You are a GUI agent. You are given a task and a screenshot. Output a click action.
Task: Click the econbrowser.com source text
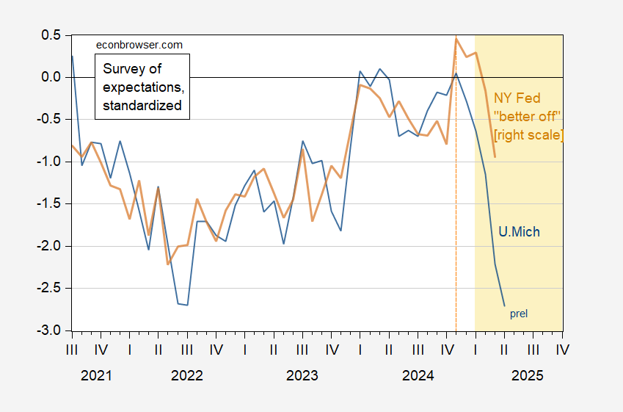pyautogui.click(x=139, y=45)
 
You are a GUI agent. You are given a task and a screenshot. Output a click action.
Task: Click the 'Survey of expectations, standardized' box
pyautogui.click(x=142, y=87)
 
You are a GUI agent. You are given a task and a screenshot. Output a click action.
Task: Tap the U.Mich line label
pyautogui.click(x=519, y=232)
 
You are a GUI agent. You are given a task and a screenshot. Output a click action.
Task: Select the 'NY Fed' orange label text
pyautogui.click(x=517, y=98)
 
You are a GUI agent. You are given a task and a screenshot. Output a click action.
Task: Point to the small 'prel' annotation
pyautogui.click(x=519, y=314)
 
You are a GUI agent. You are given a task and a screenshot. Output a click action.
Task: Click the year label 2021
pyautogui.click(x=96, y=375)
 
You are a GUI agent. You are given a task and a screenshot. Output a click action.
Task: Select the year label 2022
pyautogui.click(x=186, y=375)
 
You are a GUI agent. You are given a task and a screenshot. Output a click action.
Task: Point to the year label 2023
pyautogui.click(x=302, y=375)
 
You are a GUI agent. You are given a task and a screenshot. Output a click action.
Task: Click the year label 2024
pyautogui.click(x=418, y=375)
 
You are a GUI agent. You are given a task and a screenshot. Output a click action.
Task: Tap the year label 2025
pyautogui.click(x=528, y=375)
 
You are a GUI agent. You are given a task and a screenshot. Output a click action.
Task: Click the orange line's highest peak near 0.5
pyautogui.click(x=456, y=37)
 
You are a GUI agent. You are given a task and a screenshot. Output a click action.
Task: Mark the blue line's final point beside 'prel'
pyautogui.click(x=505, y=306)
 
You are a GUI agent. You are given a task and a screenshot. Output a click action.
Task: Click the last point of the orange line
pyautogui.click(x=495, y=156)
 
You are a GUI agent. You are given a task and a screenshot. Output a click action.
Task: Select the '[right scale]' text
pyautogui.click(x=529, y=135)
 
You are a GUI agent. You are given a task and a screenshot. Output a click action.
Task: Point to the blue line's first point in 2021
pyautogui.click(x=73, y=56)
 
